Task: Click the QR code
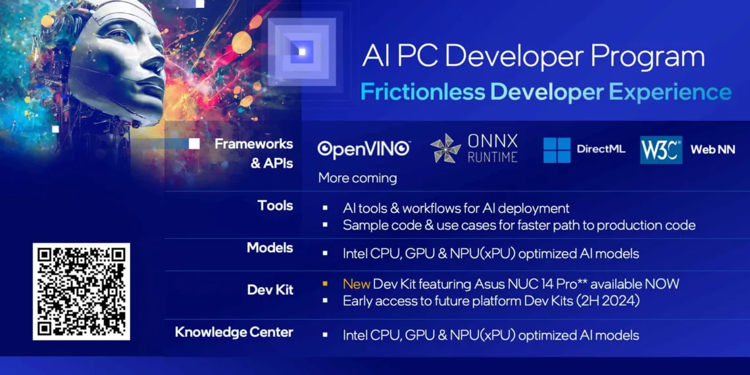(x=82, y=291)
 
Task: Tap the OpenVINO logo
(x=364, y=149)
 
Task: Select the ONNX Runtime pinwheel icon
(x=445, y=148)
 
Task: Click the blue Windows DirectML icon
(x=557, y=150)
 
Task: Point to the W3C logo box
(x=661, y=150)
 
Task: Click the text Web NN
(x=712, y=150)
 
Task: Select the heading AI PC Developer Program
(x=534, y=57)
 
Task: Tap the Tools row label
(x=275, y=206)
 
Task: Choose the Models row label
(x=270, y=248)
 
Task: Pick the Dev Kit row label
(x=270, y=289)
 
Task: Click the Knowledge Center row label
(x=234, y=332)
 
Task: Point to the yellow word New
(x=356, y=284)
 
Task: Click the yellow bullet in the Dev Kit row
(x=325, y=284)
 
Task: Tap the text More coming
(x=357, y=178)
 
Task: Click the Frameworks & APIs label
(x=253, y=153)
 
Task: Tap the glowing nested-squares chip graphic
(x=302, y=51)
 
